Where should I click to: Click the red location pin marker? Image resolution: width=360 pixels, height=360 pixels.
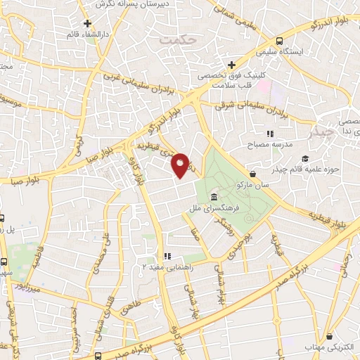(x=181, y=165)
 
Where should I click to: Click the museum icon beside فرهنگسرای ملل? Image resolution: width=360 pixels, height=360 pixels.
(x=213, y=197)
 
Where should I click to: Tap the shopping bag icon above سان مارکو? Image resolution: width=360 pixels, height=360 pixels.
(x=252, y=173)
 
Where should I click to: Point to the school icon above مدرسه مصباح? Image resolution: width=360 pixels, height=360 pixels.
(x=269, y=133)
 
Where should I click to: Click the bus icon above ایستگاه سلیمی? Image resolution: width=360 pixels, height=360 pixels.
(x=280, y=41)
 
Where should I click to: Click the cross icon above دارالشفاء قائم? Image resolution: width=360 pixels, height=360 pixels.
(x=88, y=22)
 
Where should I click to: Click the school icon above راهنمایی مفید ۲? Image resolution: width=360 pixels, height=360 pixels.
(x=167, y=256)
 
